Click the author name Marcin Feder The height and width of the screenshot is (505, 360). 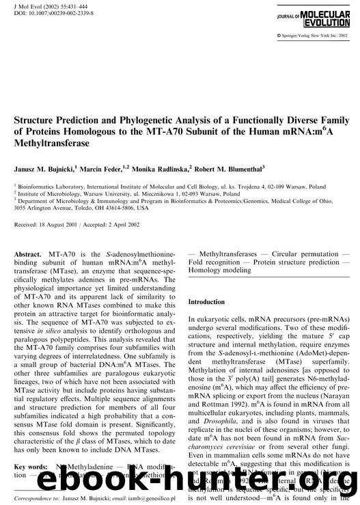pyautogui.click(x=112, y=165)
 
